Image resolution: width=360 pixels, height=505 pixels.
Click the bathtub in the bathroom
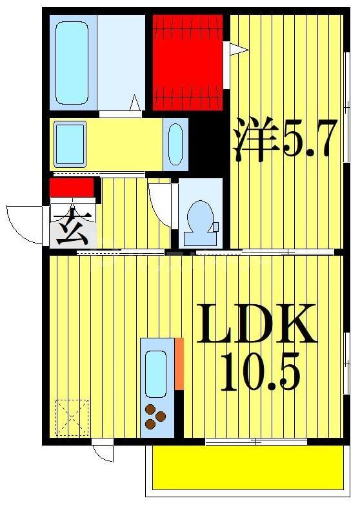[71, 63]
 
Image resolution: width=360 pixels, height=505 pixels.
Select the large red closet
[188, 63]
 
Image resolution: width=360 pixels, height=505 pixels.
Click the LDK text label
[257, 325]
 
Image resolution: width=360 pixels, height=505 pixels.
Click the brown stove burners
[155, 416]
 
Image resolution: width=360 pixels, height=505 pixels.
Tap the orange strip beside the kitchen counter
[179, 364]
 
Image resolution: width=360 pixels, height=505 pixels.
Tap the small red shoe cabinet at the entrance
[72, 187]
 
